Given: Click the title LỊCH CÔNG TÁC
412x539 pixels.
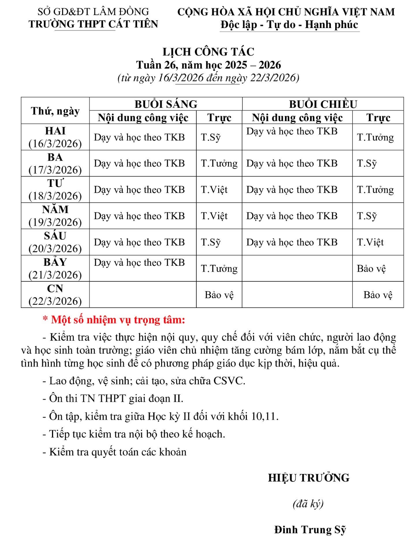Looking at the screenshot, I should click(208, 52).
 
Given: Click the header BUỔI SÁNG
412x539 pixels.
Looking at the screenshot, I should click(166, 104).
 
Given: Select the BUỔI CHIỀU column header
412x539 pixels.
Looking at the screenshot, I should click(323, 104).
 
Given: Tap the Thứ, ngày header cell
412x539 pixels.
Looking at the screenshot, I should click(55, 111).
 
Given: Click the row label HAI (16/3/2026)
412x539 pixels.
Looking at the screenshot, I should click(55, 137).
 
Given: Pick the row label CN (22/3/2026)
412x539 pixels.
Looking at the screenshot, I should click(55, 295).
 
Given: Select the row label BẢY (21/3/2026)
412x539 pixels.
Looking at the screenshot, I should click(55, 268).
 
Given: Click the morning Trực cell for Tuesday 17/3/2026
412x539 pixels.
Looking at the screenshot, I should click(219, 163).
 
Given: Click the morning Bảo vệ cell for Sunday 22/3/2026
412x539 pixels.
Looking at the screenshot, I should click(219, 295).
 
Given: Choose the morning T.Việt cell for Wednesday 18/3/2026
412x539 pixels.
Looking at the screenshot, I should click(214, 190).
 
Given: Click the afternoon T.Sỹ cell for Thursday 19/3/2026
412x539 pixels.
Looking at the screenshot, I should click(367, 216).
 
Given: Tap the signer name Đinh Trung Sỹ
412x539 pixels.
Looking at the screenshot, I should click(310, 530).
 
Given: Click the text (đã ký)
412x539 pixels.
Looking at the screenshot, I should click(308, 504).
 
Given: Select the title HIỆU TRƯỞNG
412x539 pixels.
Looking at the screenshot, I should click(309, 478).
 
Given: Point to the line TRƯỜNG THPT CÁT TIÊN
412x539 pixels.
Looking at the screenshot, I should click(93, 24).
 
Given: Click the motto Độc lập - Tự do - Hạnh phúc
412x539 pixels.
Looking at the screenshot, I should click(289, 25).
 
